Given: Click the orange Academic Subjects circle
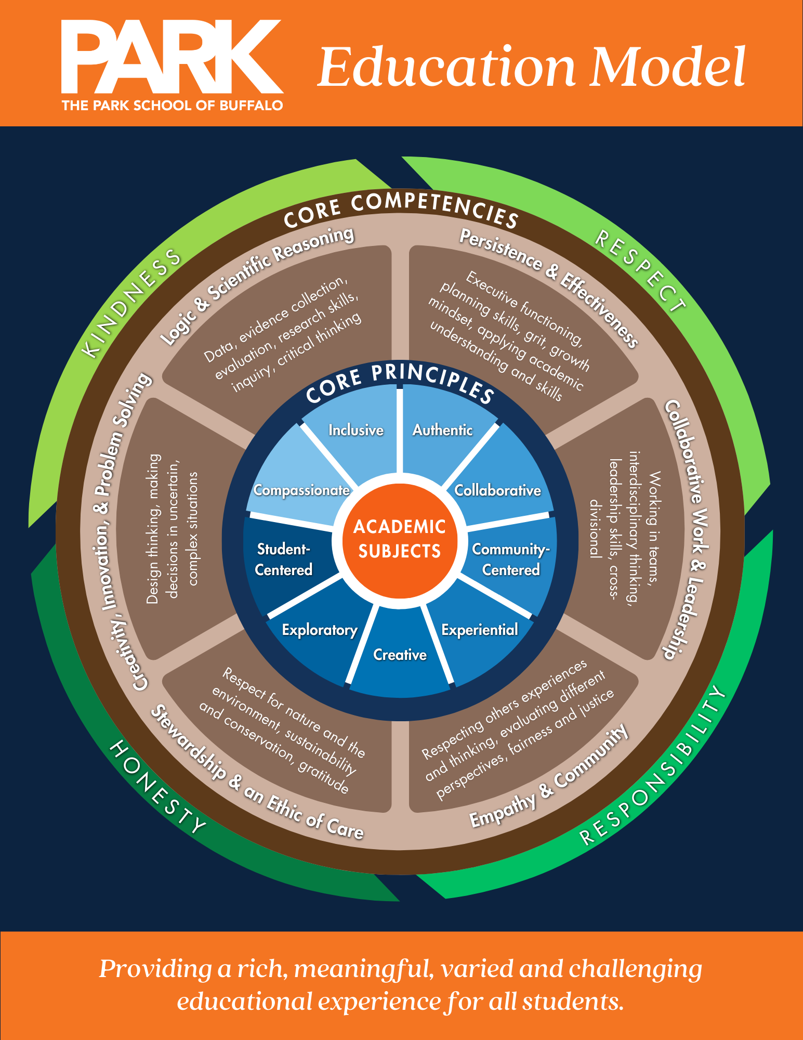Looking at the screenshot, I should [x=400, y=539].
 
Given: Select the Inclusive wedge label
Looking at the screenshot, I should [x=356, y=430].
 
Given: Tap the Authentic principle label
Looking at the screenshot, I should [x=442, y=430].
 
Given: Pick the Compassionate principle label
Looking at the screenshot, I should [x=301, y=490].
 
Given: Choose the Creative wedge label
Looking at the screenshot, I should [x=400, y=655].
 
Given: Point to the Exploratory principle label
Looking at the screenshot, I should [x=320, y=630].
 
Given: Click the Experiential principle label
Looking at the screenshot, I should [x=479, y=630].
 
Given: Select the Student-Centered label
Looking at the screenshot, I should [x=284, y=560].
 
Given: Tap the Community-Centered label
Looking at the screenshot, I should [x=511, y=560].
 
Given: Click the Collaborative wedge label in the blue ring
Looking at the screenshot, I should [x=497, y=490].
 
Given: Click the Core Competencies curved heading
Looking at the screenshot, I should [x=400, y=208].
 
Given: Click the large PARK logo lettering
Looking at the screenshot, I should [x=172, y=57].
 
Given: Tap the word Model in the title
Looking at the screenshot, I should [x=667, y=68].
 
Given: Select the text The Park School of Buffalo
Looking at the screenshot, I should [x=172, y=106].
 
